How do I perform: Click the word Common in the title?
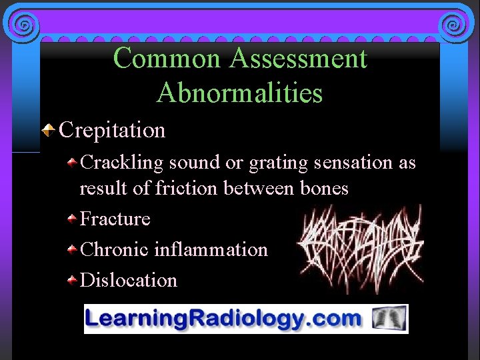click(168, 59)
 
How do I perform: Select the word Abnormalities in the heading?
click(239, 93)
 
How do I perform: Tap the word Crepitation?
click(112, 129)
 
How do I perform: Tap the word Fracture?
click(115, 219)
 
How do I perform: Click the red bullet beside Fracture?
click(71, 219)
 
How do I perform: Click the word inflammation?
click(211, 249)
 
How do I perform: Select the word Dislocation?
click(129, 280)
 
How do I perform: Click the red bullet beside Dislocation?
click(71, 280)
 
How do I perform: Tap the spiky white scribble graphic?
click(359, 247)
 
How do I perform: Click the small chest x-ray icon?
click(390, 319)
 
